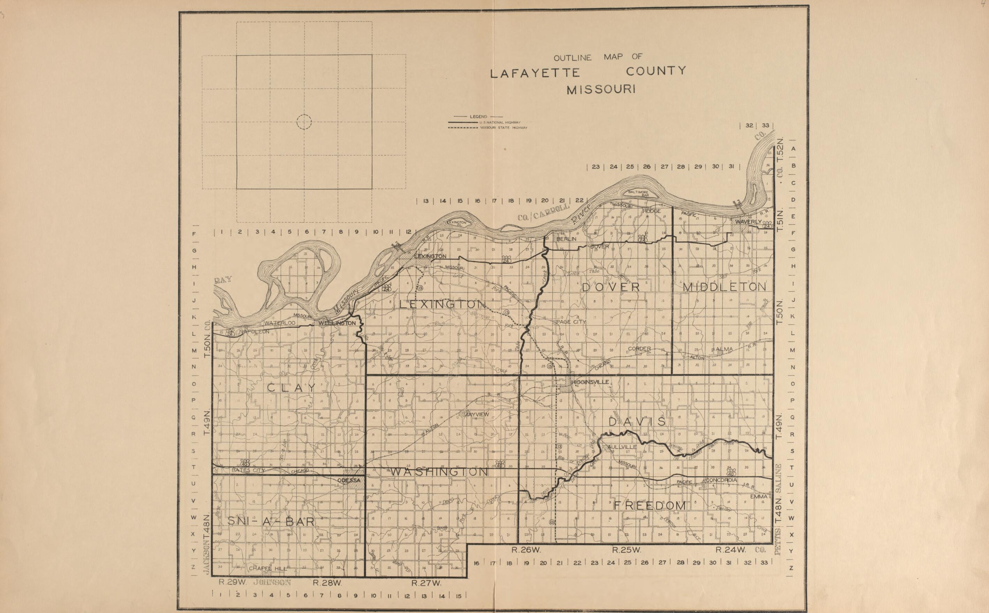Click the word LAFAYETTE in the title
535,73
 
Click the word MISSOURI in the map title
601,89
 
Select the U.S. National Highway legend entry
500,122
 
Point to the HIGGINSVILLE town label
590,382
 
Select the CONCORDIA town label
721,480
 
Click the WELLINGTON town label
337,323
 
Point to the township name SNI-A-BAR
271,521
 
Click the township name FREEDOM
649,505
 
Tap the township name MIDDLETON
724,287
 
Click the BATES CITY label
248,470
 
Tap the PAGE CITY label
571,322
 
